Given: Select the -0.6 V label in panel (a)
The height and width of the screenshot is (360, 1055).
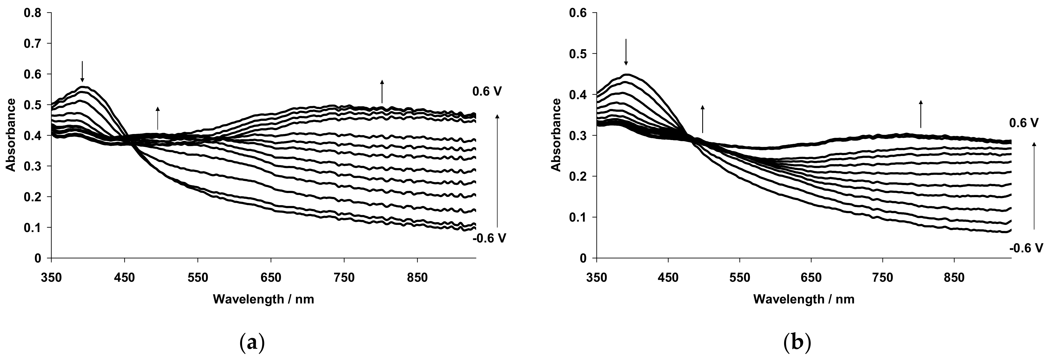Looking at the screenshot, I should [x=489, y=238].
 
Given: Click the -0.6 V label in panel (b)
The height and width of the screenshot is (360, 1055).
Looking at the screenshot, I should [x=1026, y=248].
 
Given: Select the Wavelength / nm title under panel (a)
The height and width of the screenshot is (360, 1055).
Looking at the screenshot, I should [x=263, y=299].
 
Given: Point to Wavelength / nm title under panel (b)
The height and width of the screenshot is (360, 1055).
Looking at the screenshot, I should [x=804, y=299].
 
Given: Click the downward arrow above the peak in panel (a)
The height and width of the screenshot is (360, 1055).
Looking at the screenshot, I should [x=82, y=71].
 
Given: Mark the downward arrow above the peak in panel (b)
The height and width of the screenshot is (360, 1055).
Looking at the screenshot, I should [x=626, y=52].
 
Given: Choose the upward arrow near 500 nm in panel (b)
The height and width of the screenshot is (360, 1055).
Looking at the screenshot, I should [x=703, y=119].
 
